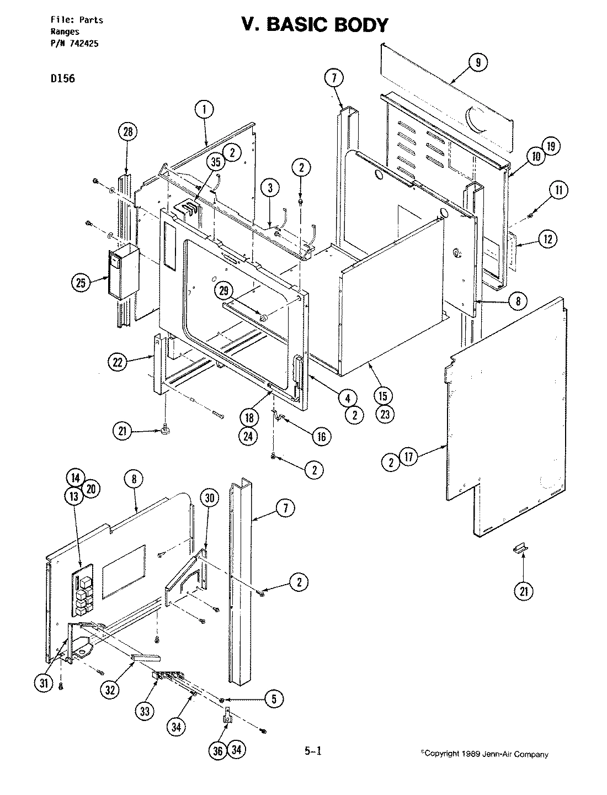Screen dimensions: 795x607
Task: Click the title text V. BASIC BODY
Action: (x=315, y=25)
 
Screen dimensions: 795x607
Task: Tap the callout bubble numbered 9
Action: (x=478, y=62)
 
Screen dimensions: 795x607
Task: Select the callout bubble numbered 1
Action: (x=204, y=110)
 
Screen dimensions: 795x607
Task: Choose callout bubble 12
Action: (x=547, y=239)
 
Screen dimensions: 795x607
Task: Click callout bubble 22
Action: (x=118, y=362)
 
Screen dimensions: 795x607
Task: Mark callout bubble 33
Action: (x=145, y=711)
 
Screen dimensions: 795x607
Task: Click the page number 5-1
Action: (x=312, y=750)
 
